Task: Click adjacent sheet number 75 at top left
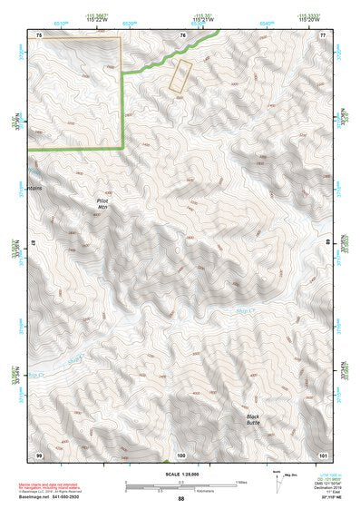coord(39,34)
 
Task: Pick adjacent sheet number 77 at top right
coord(323,34)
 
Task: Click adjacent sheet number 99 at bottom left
coord(39,454)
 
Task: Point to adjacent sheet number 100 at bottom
coord(181,454)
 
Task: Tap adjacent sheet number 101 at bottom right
coord(323,454)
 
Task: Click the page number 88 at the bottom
coord(181,498)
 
